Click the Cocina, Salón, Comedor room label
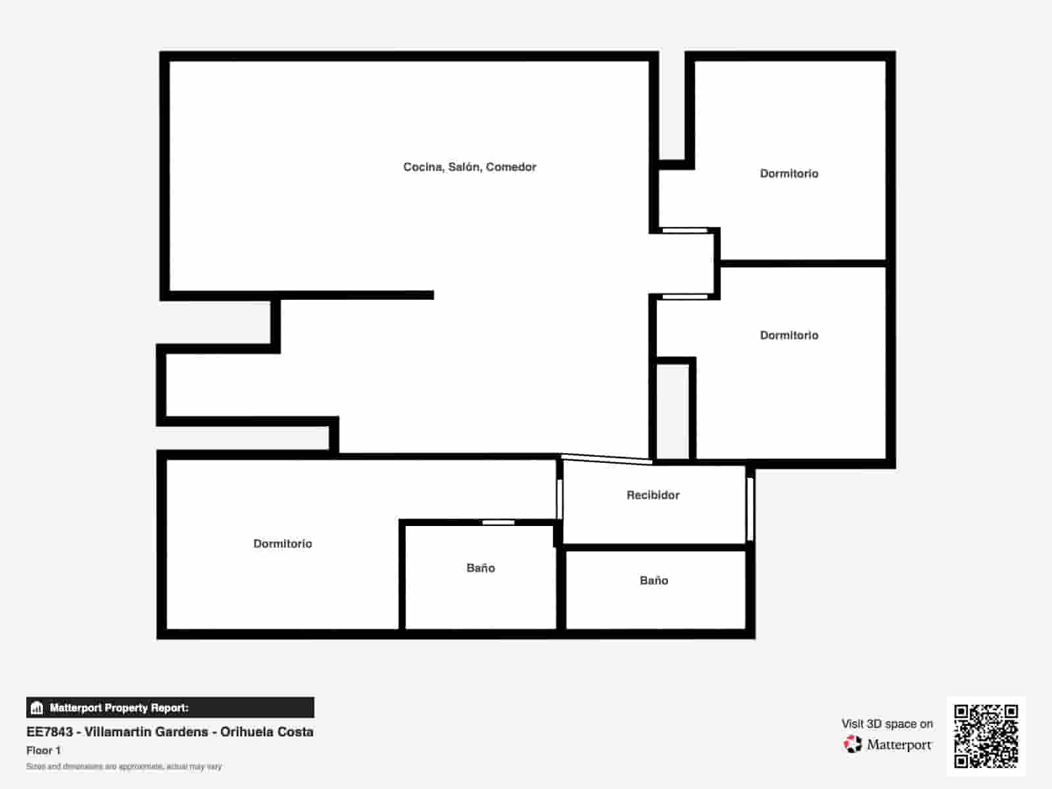[469, 167]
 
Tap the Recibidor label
[653, 495]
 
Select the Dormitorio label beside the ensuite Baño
[283, 544]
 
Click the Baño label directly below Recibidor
[654, 581]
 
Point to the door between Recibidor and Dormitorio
[560, 499]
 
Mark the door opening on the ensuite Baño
[498, 523]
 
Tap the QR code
[986, 736]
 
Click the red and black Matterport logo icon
[853, 744]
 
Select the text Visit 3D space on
[887, 724]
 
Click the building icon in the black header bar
[37, 708]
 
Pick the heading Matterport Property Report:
[119, 708]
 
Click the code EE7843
[49, 732]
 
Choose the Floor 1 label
[43, 750]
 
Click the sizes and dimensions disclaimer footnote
[124, 767]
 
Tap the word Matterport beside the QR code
[899, 745]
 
